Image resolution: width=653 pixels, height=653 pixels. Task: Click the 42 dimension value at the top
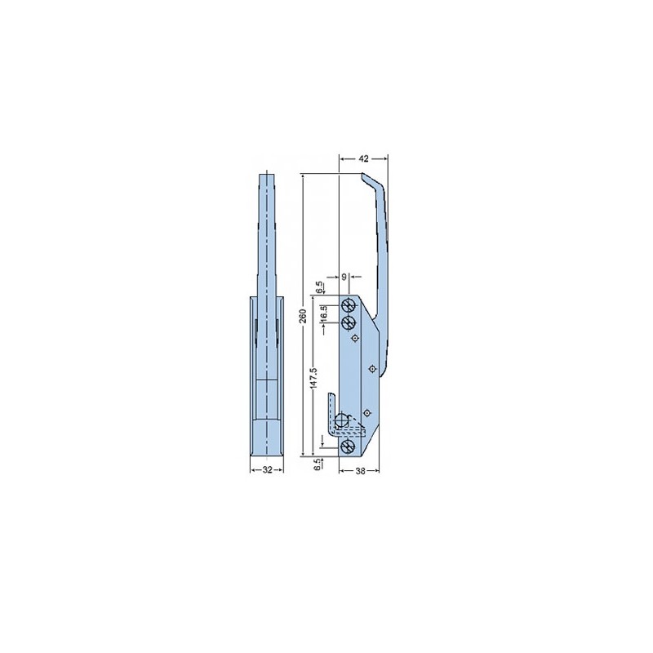[x=363, y=158]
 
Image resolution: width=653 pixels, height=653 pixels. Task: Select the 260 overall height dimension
[x=304, y=316]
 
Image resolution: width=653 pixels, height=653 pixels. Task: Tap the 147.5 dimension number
[x=314, y=378]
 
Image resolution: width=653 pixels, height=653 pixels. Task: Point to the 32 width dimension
[x=268, y=470]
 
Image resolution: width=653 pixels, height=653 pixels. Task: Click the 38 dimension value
[x=361, y=471]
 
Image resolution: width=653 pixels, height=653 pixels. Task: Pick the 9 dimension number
[x=344, y=277]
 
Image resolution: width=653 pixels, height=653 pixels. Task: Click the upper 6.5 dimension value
[x=318, y=287]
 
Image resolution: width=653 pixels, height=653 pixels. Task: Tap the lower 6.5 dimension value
[x=318, y=464]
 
